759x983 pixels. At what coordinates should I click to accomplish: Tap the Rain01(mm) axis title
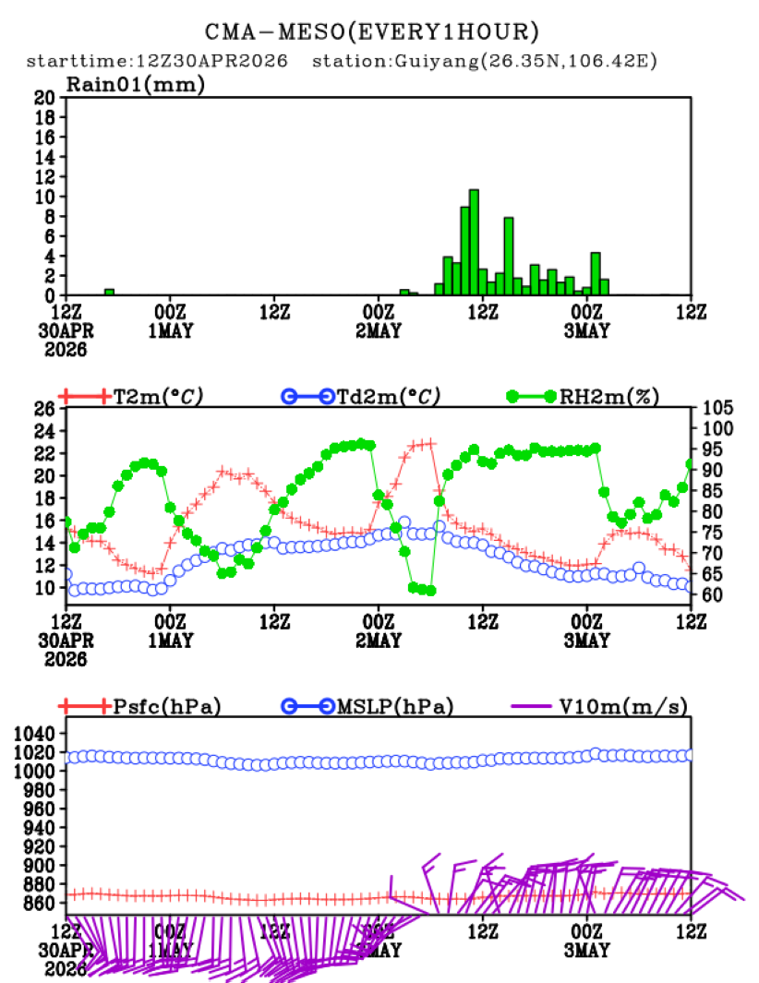pyautogui.click(x=135, y=84)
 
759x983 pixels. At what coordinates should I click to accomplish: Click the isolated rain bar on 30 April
pyautogui.click(x=109, y=292)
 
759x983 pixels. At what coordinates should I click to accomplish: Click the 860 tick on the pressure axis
pyautogui.click(x=41, y=904)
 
